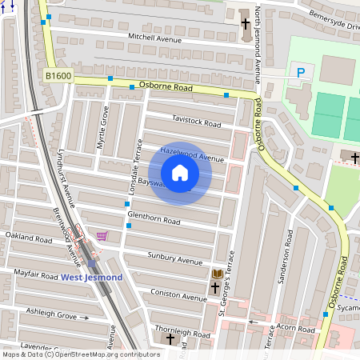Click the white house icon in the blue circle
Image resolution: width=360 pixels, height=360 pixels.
(x=180, y=173)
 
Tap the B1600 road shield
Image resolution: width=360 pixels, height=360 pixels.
(x=58, y=76)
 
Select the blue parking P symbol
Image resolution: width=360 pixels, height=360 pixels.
(x=301, y=73)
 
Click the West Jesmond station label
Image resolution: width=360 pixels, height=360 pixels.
(x=92, y=278)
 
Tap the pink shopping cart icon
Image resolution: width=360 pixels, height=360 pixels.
(x=102, y=235)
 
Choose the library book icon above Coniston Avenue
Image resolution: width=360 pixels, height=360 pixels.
(x=216, y=274)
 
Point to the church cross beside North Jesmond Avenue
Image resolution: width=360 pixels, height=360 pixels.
(x=246, y=23)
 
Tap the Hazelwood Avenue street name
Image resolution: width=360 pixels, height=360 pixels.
(x=192, y=154)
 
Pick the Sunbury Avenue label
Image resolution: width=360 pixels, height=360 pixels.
(x=175, y=258)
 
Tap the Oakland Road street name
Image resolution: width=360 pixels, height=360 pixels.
(x=29, y=237)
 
